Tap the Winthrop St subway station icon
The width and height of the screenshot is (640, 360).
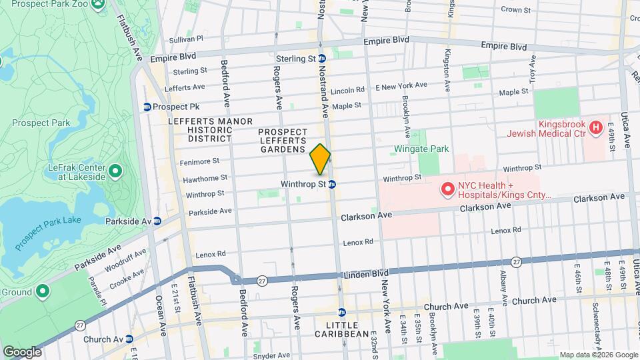[331, 184]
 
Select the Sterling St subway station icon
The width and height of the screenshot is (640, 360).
[321, 59]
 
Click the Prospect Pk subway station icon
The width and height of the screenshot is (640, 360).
[147, 107]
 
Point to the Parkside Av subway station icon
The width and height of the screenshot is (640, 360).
[157, 221]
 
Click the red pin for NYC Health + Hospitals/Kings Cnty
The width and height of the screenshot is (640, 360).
[447, 191]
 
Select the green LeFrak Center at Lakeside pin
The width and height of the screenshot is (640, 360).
[115, 172]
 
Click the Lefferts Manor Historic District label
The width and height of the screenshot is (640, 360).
[210, 130]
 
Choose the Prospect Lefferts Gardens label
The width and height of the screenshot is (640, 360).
[283, 141]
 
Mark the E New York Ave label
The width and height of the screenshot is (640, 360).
[401, 85]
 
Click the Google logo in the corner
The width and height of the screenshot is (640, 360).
[22, 351]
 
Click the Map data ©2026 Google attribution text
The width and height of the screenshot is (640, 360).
[598, 355]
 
